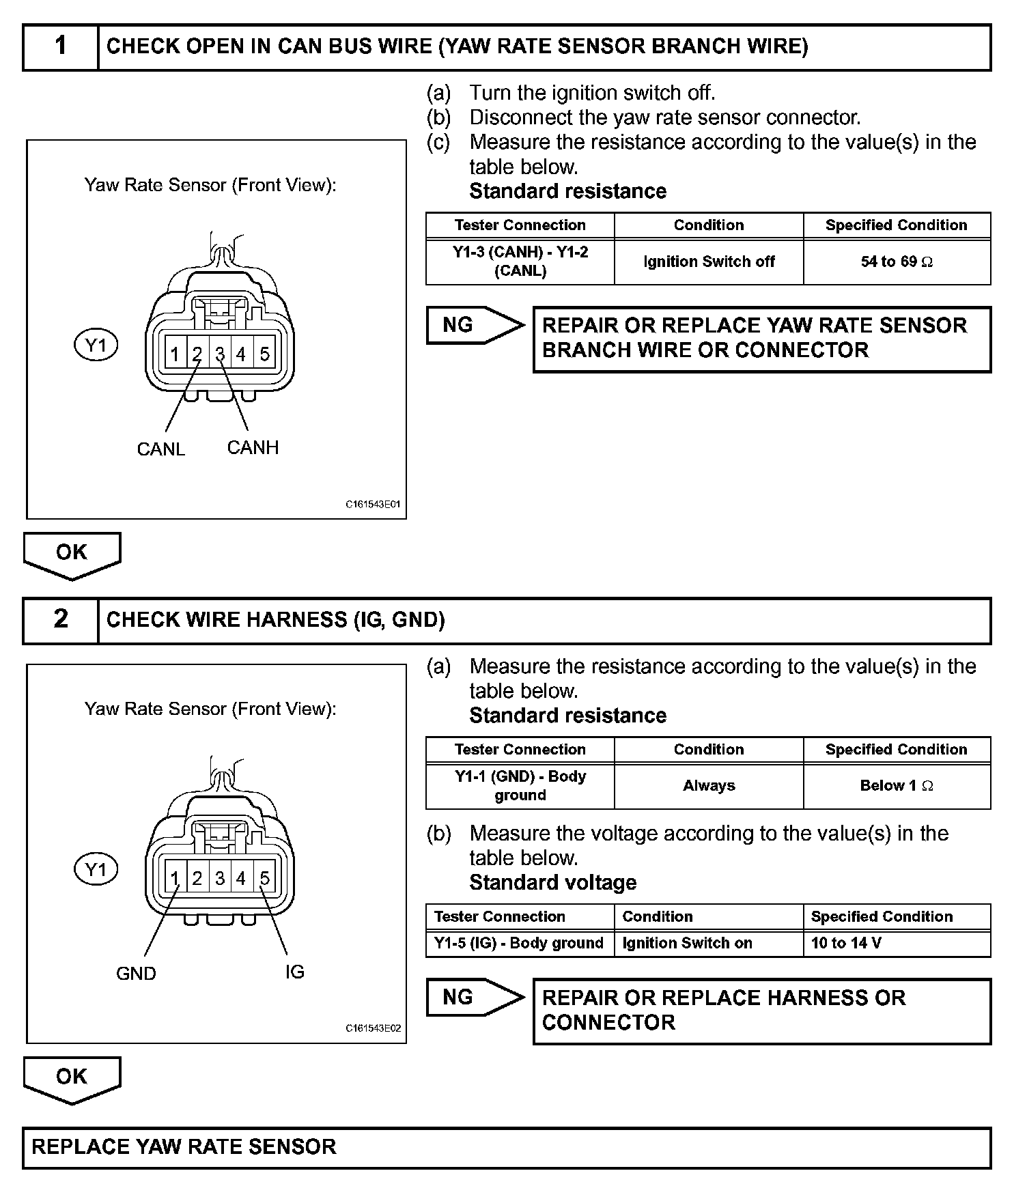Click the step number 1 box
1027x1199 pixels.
61,47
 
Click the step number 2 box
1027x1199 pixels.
61,620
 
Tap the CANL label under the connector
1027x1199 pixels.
161,449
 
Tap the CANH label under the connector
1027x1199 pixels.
253,448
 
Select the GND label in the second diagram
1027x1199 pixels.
136,974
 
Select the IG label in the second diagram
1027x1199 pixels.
295,972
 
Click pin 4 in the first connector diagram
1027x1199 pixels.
241,354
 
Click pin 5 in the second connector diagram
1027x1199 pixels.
264,879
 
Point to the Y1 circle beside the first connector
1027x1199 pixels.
96,345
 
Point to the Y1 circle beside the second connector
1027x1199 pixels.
96,870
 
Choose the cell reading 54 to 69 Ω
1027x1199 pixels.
897,262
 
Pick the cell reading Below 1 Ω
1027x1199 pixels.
897,786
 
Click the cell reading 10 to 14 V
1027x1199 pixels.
897,944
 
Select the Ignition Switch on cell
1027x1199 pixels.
708,944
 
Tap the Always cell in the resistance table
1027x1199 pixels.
709,786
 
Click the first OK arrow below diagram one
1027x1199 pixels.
72,554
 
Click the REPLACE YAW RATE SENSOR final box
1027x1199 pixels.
506,1147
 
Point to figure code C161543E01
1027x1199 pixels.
373,505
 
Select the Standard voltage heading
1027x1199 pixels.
552,883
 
